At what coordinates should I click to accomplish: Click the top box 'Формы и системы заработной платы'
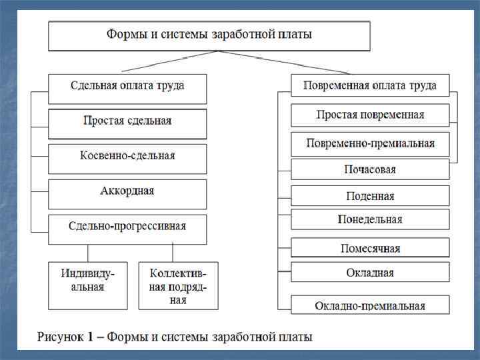click(x=209, y=35)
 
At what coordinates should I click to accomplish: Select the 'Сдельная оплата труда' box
click(x=127, y=87)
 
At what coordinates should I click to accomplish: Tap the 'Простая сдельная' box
click(x=127, y=122)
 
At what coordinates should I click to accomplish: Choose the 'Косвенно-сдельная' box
click(x=127, y=157)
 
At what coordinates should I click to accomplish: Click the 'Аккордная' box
click(x=127, y=192)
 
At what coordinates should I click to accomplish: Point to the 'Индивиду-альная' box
click(x=87, y=285)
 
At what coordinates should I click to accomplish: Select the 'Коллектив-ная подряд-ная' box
click(x=178, y=285)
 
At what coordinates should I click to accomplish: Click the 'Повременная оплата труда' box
click(x=370, y=85)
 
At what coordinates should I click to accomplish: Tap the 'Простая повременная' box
click(x=370, y=115)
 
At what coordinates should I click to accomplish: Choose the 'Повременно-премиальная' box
click(x=370, y=143)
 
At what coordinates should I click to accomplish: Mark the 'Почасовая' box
click(x=370, y=169)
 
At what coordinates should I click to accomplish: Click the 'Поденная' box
click(x=370, y=196)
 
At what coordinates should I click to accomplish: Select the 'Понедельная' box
click(x=370, y=219)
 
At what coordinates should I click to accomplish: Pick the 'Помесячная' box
click(x=370, y=248)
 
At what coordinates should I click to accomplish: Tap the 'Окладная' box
click(x=370, y=272)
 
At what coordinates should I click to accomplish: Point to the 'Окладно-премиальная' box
click(x=370, y=305)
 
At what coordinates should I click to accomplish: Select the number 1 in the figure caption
click(x=89, y=337)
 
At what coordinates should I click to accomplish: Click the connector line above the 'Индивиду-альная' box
click(x=88, y=252)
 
